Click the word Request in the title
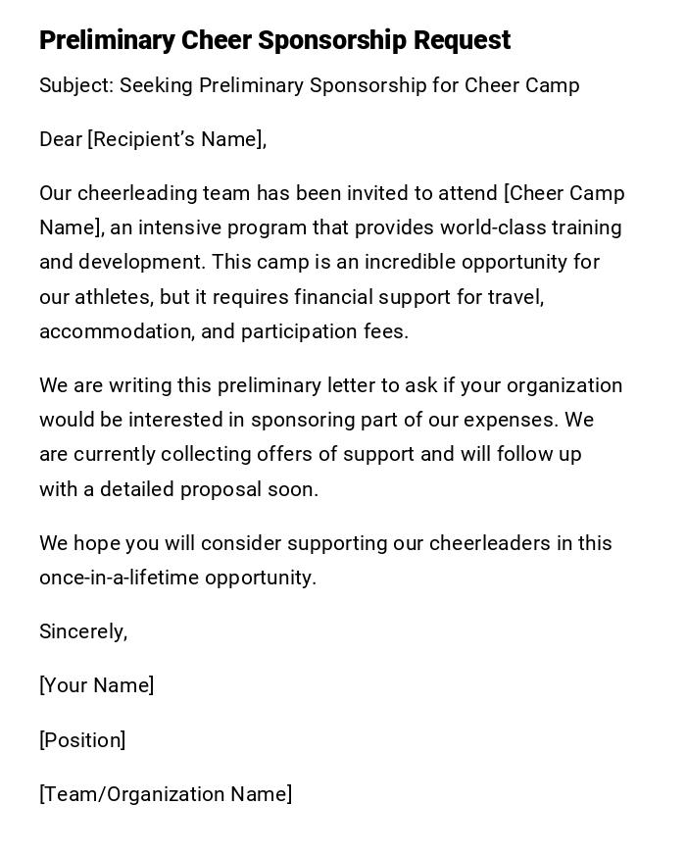pyautogui.click(x=462, y=41)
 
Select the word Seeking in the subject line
pyautogui.click(x=156, y=86)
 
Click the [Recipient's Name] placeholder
pyautogui.click(x=176, y=140)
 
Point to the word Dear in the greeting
pyautogui.click(x=61, y=140)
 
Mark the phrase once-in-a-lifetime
pyautogui.click(x=120, y=578)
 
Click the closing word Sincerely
pyautogui.click(x=83, y=631)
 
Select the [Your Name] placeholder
pyautogui.click(x=97, y=685)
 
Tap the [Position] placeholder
pyautogui.click(x=82, y=740)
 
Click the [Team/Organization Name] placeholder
pyautogui.click(x=166, y=794)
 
